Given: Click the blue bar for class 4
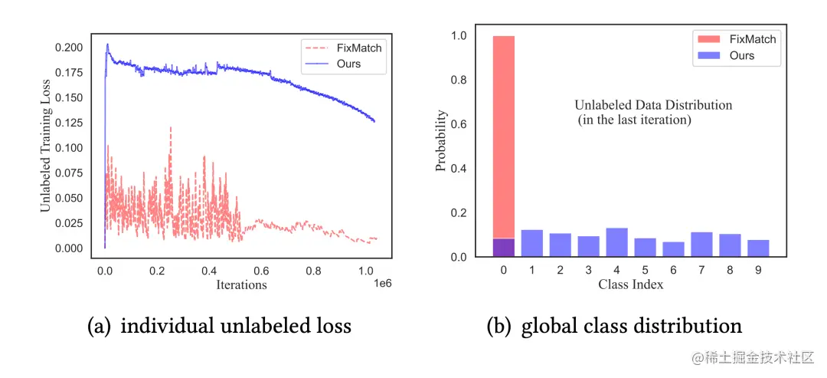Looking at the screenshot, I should pyautogui.click(x=616, y=242).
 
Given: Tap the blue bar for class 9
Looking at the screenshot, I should pyautogui.click(x=758, y=248).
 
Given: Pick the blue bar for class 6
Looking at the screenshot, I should pyautogui.click(x=673, y=249).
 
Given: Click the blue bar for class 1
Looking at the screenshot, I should pyautogui.click(x=532, y=243).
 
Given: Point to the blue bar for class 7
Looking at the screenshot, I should pyautogui.click(x=701, y=244).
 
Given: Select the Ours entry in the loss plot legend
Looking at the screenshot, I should pyautogui.click(x=348, y=64).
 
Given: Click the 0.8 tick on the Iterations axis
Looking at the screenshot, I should pyautogui.click(x=312, y=271).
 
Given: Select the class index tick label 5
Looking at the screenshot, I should pyautogui.click(x=645, y=270).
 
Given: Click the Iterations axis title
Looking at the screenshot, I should pyautogui.click(x=240, y=285).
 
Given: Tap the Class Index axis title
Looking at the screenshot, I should pyautogui.click(x=630, y=284).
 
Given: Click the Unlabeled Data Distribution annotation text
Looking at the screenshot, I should pyautogui.click(x=653, y=105).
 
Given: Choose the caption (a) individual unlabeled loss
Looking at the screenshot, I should pyautogui.click(x=219, y=326).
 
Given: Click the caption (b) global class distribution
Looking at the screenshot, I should pyautogui.click(x=614, y=326).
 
